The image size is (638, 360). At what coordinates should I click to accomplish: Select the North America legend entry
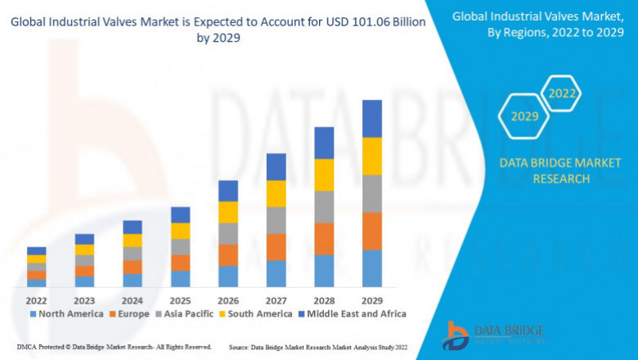[x=66, y=313]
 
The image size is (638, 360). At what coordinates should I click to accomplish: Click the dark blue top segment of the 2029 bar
[x=372, y=119]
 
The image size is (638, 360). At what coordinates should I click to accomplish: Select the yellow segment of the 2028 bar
[x=325, y=175]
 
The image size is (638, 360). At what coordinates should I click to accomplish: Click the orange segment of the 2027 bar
[x=276, y=247]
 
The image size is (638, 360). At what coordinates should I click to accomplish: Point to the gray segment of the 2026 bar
[x=228, y=234]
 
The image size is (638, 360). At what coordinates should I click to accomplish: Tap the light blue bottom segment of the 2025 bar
[x=180, y=279]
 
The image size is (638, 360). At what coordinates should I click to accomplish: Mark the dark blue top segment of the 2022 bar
[x=36, y=251]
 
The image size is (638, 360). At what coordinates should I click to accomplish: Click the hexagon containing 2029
[x=524, y=117]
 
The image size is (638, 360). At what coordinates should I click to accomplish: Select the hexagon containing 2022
[x=562, y=93]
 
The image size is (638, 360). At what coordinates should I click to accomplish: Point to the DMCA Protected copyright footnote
[x=114, y=347]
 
